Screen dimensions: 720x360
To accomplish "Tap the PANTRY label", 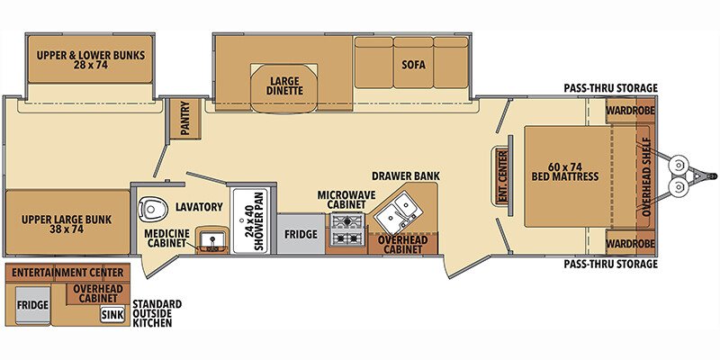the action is tap(185, 119).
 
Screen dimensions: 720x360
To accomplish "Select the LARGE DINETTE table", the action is tap(284, 87).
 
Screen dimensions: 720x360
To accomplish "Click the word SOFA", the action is tap(413, 65).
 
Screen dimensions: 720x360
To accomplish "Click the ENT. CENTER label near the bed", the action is tap(501, 175).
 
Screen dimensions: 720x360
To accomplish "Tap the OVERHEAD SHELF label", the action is tap(646, 176).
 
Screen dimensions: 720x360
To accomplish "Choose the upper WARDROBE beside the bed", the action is tap(630, 110).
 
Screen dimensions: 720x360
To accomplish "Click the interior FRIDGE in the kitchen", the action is tap(301, 234).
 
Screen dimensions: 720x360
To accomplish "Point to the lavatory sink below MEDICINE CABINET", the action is tap(212, 240).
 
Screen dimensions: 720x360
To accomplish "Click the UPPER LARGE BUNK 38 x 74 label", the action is tap(66, 224).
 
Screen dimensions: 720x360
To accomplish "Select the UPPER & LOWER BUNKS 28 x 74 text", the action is tap(91, 60).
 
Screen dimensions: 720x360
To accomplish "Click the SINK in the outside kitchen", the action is tap(112, 315).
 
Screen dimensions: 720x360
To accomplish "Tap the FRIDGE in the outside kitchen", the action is tap(32, 305).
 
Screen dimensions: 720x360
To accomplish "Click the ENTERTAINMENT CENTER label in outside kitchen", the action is tap(67, 273).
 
